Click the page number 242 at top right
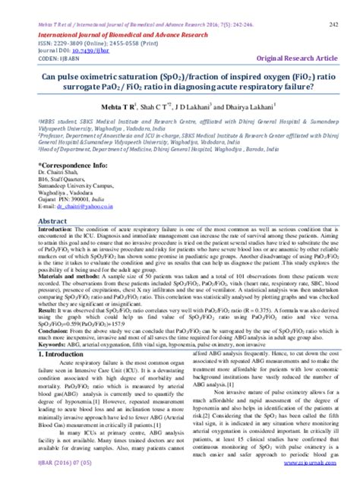click(x=333, y=24)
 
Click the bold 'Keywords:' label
click(x=33, y=344)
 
